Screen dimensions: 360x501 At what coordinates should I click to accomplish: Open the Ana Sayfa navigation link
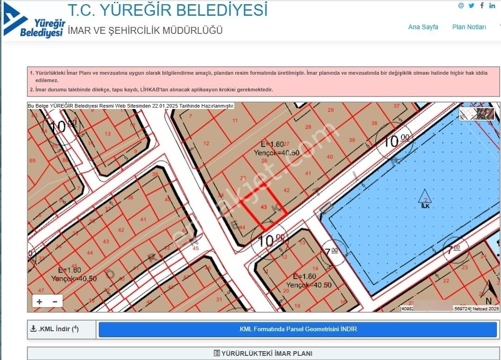[x=423, y=27]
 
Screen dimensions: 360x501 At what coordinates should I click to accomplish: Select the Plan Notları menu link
[x=469, y=27]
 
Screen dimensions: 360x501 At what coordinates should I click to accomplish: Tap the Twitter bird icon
[x=471, y=6]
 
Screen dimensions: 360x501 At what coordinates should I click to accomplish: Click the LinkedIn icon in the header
[x=492, y=6]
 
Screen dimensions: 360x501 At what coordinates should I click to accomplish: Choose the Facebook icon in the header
[x=482, y=6]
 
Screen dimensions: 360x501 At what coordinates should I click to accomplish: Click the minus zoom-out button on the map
[x=55, y=302]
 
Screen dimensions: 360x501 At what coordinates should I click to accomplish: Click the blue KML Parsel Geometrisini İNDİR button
[x=297, y=329]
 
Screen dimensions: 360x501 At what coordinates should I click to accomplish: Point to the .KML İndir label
[x=54, y=329]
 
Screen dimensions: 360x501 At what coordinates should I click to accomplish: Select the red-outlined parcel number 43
[x=264, y=207]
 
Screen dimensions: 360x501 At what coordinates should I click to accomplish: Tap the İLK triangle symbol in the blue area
[x=424, y=198]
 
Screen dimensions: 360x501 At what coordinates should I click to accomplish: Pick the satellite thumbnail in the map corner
[x=476, y=114]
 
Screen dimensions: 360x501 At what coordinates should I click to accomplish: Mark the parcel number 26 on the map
[x=264, y=161]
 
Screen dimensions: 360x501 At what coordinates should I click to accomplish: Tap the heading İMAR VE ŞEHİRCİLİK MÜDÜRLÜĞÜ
[x=145, y=31]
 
